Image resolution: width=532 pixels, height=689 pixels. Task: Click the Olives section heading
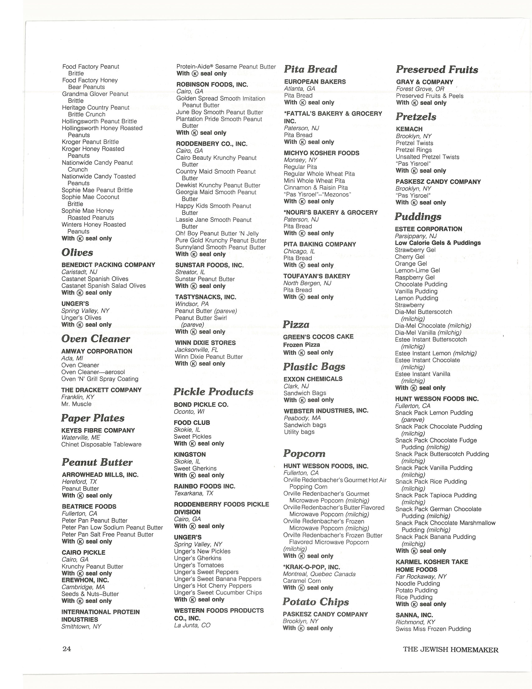[x=77, y=252]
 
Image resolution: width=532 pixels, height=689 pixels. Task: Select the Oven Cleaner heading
[x=96, y=339]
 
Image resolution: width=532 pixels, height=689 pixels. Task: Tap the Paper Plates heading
[x=93, y=418]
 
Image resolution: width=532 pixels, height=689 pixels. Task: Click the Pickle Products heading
[x=213, y=392]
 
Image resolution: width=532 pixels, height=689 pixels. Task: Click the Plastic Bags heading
[x=314, y=367]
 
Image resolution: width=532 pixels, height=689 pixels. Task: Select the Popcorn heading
[x=304, y=453]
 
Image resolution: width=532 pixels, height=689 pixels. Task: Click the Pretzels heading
[x=416, y=117]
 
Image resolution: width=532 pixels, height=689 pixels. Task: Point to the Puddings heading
[x=418, y=217]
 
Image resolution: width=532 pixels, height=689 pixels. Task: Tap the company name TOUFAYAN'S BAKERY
[x=317, y=276]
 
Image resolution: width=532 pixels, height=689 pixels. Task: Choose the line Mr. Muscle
[x=76, y=404]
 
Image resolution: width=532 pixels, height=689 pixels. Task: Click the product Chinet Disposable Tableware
[x=101, y=444]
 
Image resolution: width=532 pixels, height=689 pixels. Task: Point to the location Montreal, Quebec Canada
[x=319, y=574]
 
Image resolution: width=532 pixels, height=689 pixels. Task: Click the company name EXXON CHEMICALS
[x=313, y=379]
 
